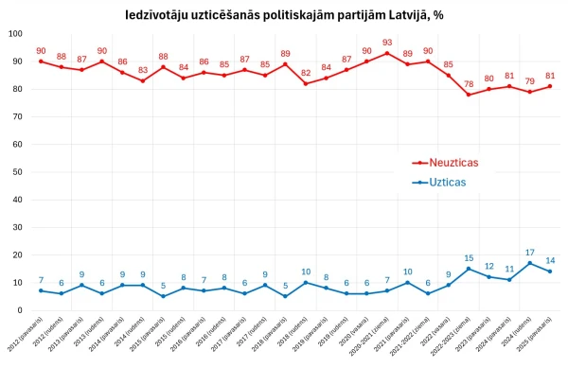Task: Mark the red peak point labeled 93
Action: tap(386, 53)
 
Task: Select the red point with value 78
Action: tap(468, 95)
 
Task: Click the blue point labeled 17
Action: tap(529, 263)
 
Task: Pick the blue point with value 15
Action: tap(468, 269)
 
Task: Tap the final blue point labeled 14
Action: tap(550, 272)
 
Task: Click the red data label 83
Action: tap(142, 69)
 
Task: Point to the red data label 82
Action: tap(305, 72)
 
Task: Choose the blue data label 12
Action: tap(488, 266)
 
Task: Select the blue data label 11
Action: tap(508, 269)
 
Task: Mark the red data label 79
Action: tap(529, 80)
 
